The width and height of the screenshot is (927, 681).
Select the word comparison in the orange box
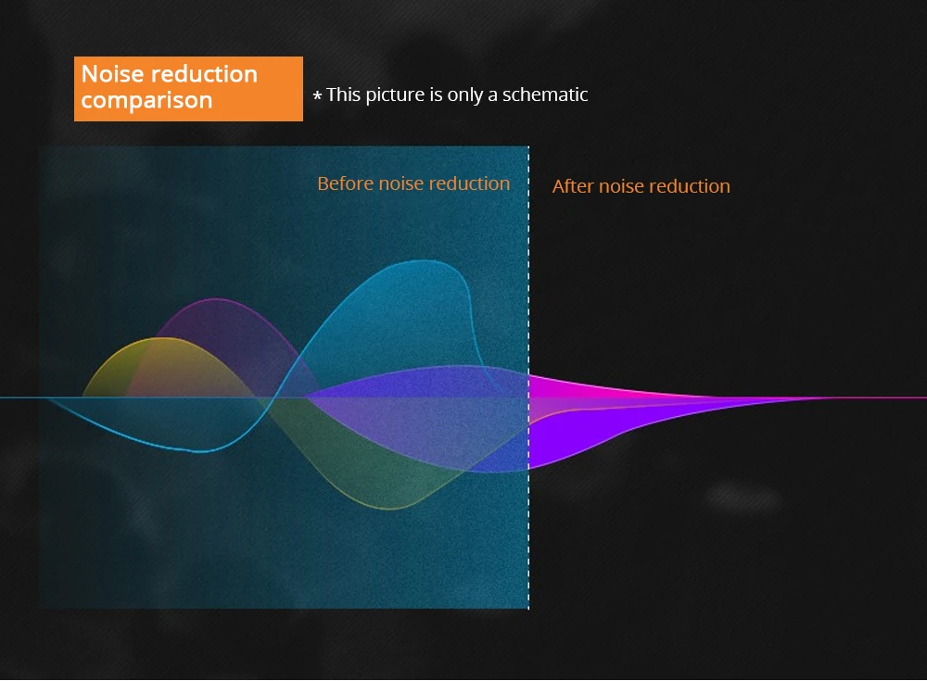146,100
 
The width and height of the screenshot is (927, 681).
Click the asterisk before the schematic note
317,95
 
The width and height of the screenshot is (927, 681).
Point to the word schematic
545,94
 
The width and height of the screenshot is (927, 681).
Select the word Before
345,183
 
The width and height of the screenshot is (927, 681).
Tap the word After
573,186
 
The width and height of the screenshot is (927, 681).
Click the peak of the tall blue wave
421,260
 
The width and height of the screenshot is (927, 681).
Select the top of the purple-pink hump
216,299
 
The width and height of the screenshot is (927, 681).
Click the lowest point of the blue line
201,451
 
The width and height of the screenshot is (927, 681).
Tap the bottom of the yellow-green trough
390,509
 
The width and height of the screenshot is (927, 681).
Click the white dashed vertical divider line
528,377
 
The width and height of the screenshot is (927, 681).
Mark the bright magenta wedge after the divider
591,388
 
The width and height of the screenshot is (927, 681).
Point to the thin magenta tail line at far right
875,397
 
